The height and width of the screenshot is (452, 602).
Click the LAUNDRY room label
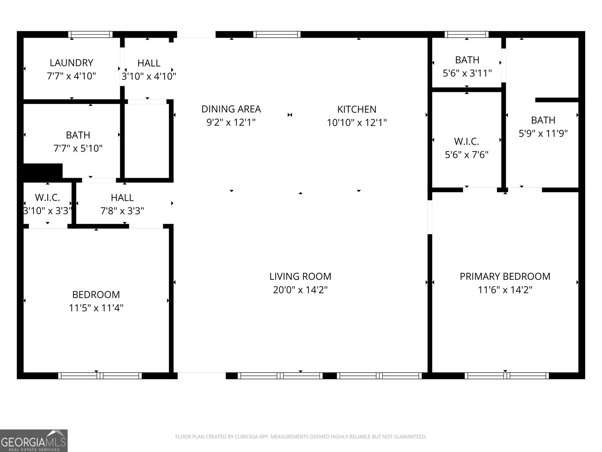point(71,63)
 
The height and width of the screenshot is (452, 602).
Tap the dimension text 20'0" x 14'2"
point(300,290)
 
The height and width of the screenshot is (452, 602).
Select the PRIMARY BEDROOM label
point(505,276)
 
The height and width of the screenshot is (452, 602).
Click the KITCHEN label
point(356,109)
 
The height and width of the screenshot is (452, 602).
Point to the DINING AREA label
point(231,109)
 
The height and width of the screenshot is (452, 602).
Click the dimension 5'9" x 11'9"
point(543,133)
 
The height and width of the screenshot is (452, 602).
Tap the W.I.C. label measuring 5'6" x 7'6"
point(467,141)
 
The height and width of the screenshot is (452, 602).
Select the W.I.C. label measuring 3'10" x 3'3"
point(47,197)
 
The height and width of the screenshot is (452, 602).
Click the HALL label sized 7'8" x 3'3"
point(122,197)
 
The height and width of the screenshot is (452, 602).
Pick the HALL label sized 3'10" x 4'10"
point(149,63)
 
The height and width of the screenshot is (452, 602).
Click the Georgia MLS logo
point(34,440)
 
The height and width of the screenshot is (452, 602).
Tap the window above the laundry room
point(90,35)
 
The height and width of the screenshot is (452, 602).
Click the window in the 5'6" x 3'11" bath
point(467,35)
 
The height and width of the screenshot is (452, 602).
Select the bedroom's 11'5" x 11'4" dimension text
point(96,308)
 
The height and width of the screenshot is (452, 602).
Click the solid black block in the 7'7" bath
point(43,171)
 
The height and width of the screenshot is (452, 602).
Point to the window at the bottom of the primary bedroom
point(506,376)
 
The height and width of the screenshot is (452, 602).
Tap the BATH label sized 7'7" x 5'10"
point(78,135)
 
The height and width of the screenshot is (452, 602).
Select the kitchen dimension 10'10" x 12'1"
point(357,122)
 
